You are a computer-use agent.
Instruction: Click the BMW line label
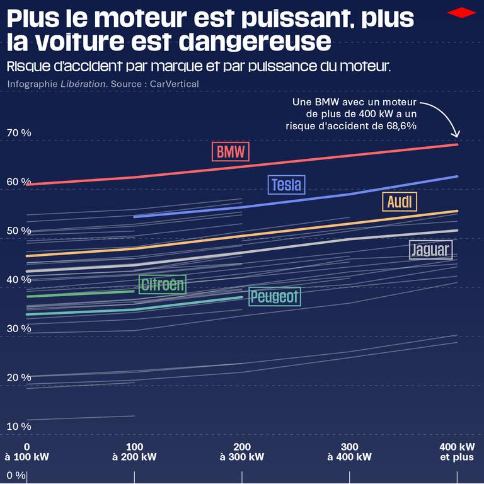(x=231, y=152)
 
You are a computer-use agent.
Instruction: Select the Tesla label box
(x=286, y=185)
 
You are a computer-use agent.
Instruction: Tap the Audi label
(x=400, y=202)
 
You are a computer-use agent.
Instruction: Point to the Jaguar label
(x=430, y=250)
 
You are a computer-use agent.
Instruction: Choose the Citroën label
(x=163, y=284)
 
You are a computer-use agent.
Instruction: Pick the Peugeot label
(x=275, y=296)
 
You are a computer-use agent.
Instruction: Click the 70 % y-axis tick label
(x=19, y=133)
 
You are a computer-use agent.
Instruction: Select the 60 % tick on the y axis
(x=19, y=181)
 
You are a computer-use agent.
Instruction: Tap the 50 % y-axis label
(x=19, y=231)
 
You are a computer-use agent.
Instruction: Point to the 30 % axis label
(x=19, y=328)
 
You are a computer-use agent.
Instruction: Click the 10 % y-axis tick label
(x=19, y=426)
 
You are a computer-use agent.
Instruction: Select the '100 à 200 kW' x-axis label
(x=135, y=452)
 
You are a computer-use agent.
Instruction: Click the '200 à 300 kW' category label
(x=243, y=452)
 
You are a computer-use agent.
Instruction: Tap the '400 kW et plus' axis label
(x=456, y=452)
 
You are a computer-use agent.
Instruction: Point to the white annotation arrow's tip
(x=458, y=137)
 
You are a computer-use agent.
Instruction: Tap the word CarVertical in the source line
(x=175, y=84)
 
